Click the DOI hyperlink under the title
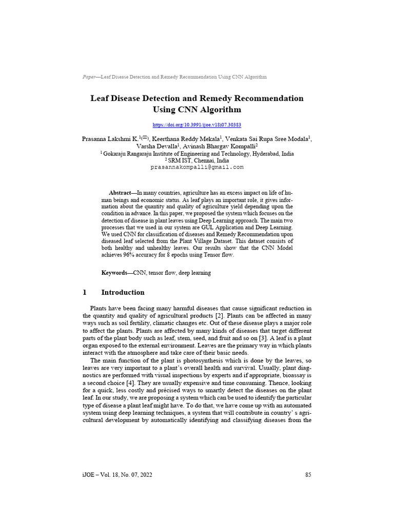[197, 125]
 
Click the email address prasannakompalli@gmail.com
[197, 167]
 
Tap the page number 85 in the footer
[308, 475]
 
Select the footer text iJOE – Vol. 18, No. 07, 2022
[117, 475]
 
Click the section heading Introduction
[123, 292]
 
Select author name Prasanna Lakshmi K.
[108, 139]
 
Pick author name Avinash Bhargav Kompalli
[224, 146]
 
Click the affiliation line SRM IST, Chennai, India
[198, 160]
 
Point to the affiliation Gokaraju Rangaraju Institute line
[198, 153]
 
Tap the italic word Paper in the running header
[89, 77]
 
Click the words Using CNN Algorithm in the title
[197, 109]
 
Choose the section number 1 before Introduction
[85, 292]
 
